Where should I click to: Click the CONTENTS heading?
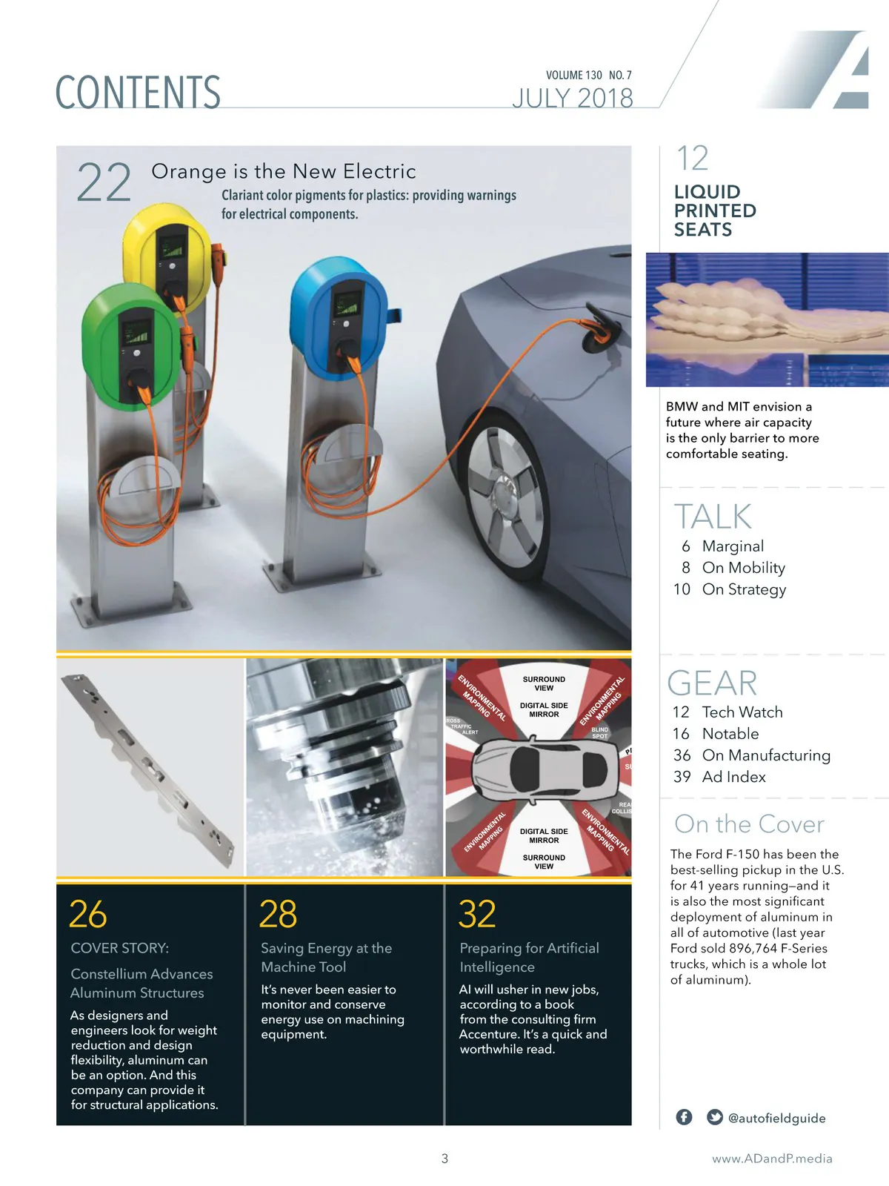[x=138, y=92]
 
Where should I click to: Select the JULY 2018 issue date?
[x=573, y=98]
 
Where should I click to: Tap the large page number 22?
[x=104, y=182]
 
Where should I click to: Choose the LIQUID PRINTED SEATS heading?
[x=715, y=211]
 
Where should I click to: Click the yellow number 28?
[x=278, y=914]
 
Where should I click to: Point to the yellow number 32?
[x=477, y=914]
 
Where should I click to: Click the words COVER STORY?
[x=120, y=948]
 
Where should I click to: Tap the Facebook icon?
[x=684, y=1117]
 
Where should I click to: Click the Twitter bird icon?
[x=715, y=1117]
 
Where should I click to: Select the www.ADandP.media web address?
[x=772, y=1159]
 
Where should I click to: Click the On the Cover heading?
[x=749, y=824]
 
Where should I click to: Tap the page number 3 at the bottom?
[x=444, y=1159]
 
